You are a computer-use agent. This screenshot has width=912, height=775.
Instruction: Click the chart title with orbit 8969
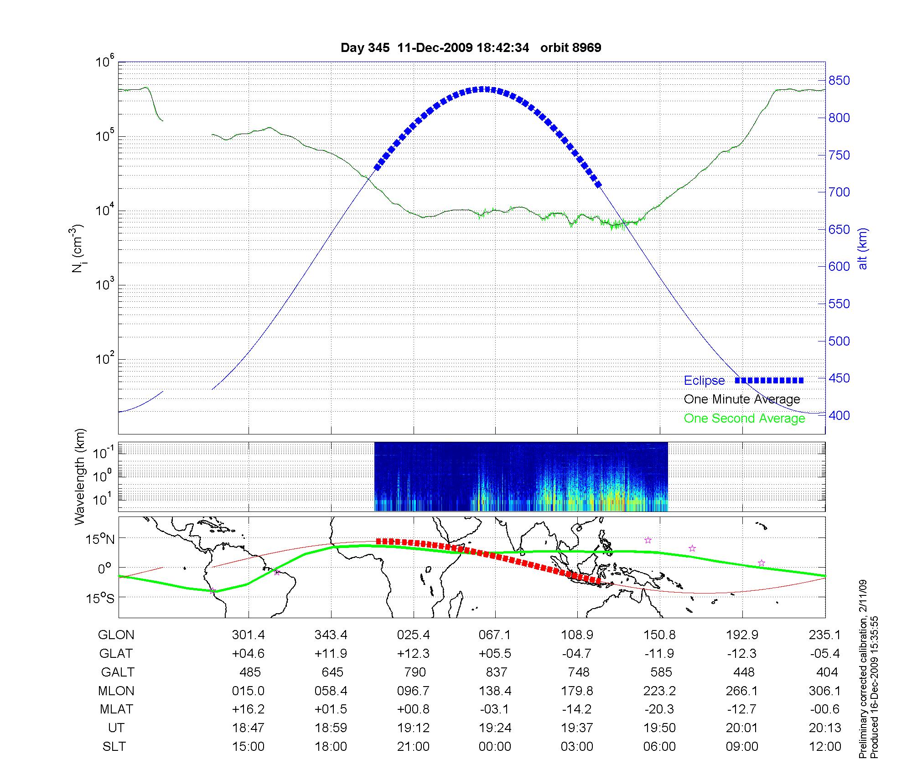[471, 47]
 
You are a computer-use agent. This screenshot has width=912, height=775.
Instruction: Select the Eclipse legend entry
[704, 381]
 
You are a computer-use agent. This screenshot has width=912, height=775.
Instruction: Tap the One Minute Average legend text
[742, 399]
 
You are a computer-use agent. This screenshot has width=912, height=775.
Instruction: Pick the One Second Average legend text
[744, 418]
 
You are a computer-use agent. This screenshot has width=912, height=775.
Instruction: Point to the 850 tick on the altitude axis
[839, 81]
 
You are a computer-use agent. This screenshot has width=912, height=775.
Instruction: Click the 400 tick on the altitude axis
[839, 415]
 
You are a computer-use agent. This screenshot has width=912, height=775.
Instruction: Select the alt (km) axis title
[863, 248]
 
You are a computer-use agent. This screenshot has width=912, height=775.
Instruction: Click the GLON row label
[116, 635]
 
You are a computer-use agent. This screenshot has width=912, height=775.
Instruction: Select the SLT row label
[114, 747]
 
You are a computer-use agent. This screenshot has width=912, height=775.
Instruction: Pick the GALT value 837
[496, 672]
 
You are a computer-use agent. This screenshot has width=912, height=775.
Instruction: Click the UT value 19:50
[659, 728]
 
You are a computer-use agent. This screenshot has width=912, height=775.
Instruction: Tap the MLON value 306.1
[824, 691]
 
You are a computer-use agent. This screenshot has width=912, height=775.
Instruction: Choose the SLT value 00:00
[495, 747]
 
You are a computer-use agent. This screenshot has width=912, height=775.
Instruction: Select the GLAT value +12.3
[413, 654]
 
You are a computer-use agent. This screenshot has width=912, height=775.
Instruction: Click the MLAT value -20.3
[659, 710]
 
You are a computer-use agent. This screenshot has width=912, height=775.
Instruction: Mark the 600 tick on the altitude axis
[839, 267]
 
